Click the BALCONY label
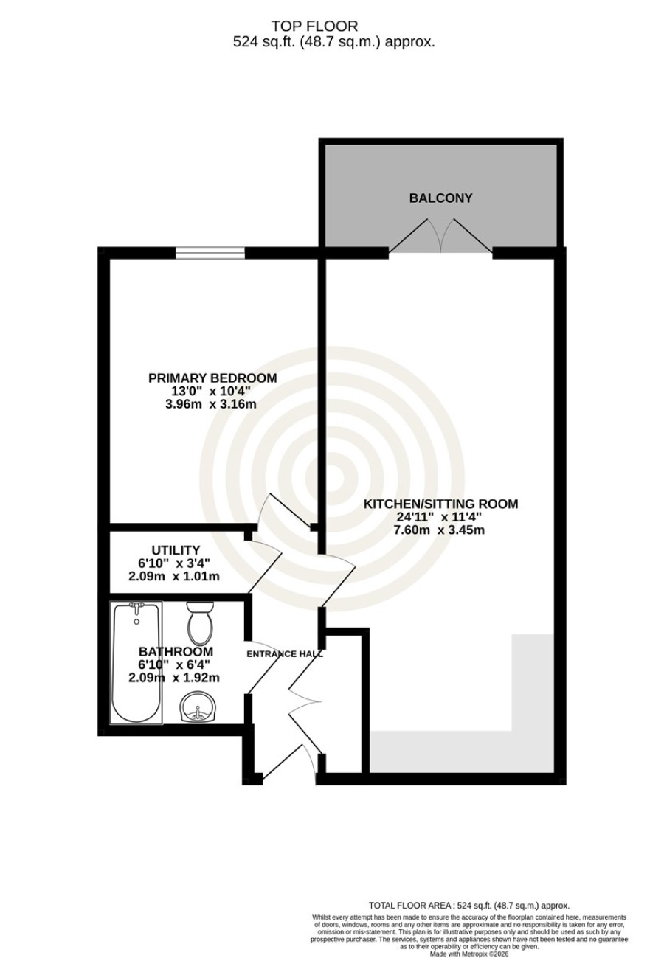coord(440,198)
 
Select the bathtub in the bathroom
coord(136,663)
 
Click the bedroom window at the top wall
coord(210,253)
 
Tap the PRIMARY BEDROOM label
coord(212,378)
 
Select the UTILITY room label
coord(176,550)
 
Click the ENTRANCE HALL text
coord(285,654)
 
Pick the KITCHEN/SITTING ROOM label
coord(440,504)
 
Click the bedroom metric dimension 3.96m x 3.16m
coord(211,404)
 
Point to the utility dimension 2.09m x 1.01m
coord(174,577)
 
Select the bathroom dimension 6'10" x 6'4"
coord(176,665)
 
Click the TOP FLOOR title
coord(314,27)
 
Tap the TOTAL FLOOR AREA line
coord(469,893)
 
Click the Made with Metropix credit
coord(469,954)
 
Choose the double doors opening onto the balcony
coord(440,236)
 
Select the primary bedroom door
coord(285,513)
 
